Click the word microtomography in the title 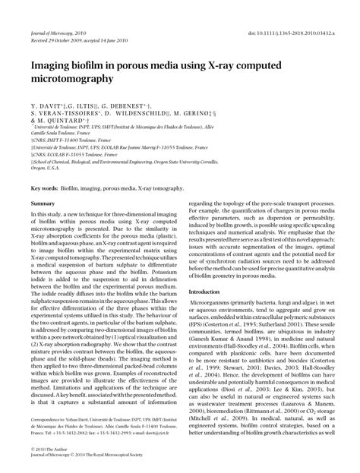(72, 78)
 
